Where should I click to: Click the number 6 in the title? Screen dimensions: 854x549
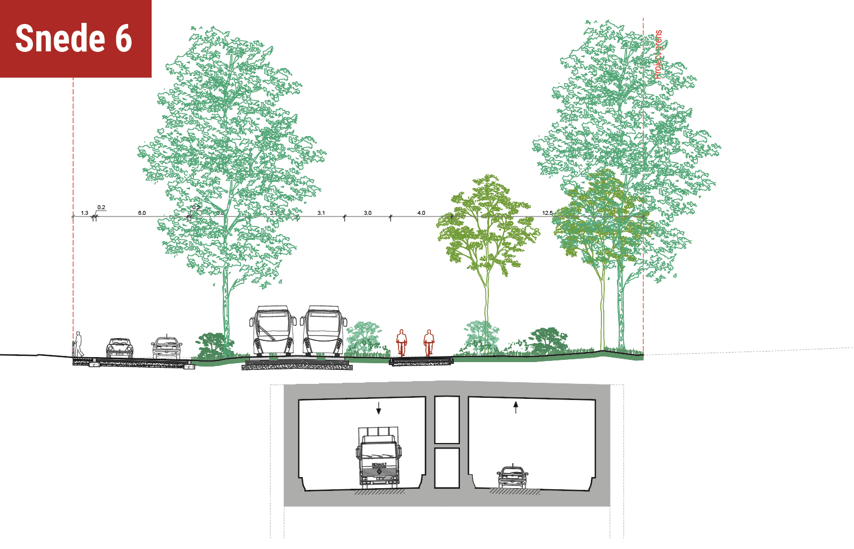(123, 38)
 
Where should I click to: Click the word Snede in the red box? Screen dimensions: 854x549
(60, 38)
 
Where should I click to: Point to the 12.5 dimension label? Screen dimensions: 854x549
(547, 213)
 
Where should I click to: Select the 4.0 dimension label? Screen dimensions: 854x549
(421, 213)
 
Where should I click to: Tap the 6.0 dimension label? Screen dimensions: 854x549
(142, 213)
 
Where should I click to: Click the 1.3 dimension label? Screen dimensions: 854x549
(84, 213)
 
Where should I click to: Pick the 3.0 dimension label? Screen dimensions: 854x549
(367, 213)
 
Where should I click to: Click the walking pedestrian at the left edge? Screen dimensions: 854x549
(79, 344)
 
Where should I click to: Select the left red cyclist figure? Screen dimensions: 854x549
(401, 342)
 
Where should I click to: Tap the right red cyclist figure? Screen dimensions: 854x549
(428, 342)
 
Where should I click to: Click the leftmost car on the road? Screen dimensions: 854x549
(119, 348)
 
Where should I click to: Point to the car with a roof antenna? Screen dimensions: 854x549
(167, 347)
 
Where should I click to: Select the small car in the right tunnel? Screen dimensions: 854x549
(512, 476)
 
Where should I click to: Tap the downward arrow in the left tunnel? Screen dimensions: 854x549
(379, 408)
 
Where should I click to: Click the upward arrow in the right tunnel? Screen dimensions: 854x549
(516, 407)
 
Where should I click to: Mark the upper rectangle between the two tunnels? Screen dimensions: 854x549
(447, 420)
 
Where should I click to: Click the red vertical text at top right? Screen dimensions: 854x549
(658, 54)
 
